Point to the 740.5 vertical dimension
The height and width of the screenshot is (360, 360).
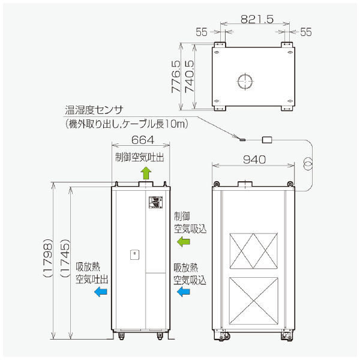click(x=189, y=77)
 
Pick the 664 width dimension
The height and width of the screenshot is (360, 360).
click(x=142, y=140)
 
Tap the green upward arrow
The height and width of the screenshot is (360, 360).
click(x=145, y=173)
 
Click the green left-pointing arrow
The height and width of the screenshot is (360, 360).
click(x=183, y=241)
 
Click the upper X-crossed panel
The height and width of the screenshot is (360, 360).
click(x=254, y=250)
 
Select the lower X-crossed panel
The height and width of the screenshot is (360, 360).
click(x=254, y=300)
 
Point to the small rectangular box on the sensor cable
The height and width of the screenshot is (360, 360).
click(x=268, y=140)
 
